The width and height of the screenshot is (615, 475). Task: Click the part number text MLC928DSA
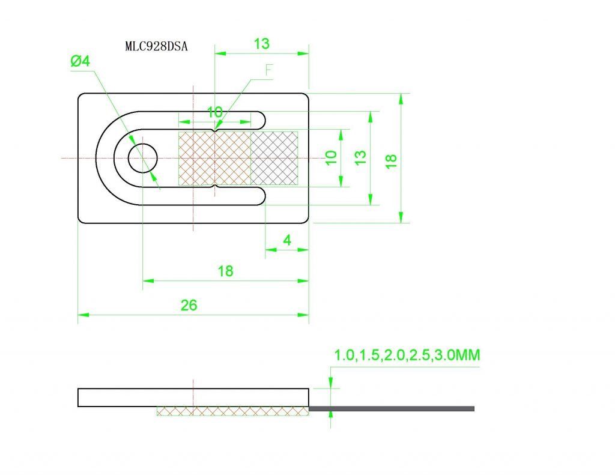tap(156, 47)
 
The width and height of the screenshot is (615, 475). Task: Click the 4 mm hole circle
tap(143, 158)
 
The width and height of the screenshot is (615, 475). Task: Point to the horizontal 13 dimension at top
tap(262, 44)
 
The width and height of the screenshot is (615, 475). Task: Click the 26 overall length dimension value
tap(189, 305)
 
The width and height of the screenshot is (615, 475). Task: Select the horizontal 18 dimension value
tap(225, 271)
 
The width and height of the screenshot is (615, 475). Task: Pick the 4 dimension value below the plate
tap(287, 240)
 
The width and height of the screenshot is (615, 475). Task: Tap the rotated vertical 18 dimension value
tap(391, 160)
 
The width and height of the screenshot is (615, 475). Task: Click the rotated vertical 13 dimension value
tap(360, 158)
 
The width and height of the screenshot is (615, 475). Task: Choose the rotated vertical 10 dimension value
tap(330, 158)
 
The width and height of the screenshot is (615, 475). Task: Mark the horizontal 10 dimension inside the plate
tap(214, 112)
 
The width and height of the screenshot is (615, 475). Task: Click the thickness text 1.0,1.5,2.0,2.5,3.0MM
tap(407, 355)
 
